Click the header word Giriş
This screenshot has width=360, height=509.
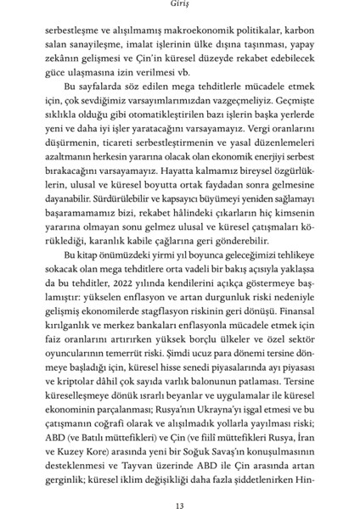[x=179, y=5]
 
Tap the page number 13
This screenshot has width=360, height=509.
[x=179, y=484]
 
